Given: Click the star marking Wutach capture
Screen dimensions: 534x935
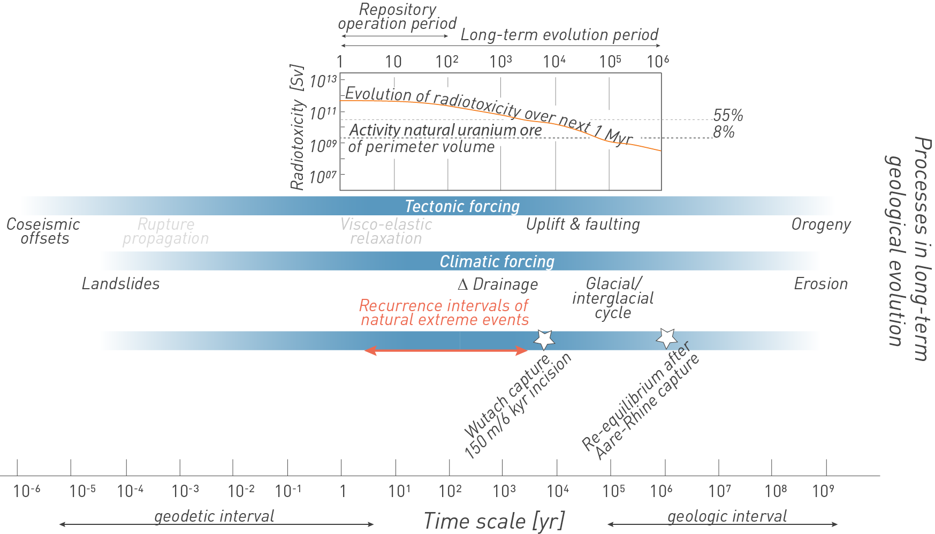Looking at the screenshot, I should (544, 340).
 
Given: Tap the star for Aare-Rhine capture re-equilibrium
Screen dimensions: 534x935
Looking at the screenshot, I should (667, 337).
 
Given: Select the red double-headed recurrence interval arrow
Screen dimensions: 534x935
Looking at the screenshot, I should (445, 350).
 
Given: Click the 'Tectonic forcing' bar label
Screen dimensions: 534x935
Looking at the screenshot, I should (462, 206).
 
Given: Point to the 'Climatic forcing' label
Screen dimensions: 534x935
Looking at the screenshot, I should (497, 261).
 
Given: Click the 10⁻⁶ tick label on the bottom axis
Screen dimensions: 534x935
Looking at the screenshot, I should (26, 491).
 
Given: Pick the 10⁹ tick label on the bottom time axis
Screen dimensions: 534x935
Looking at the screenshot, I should (823, 491).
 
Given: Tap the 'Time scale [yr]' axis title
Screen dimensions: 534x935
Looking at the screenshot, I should (493, 521).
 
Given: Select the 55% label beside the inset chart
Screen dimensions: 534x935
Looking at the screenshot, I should (728, 115).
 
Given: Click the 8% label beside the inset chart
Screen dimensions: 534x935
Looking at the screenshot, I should (724, 132).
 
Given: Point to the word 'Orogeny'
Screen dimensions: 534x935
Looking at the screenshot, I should (821, 224).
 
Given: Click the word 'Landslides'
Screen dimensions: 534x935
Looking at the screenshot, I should (120, 284).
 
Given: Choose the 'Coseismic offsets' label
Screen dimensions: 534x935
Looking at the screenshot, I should (43, 231).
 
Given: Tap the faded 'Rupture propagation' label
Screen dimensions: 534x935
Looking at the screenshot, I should (166, 231).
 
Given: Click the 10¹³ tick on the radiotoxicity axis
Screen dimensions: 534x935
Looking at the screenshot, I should (323, 81).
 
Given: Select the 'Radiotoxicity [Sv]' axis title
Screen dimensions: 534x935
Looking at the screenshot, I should (297, 127).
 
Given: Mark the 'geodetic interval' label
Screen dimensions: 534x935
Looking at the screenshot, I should (214, 516).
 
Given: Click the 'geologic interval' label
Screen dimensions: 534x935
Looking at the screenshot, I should (727, 516).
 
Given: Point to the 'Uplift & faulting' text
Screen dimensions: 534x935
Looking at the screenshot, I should (583, 224).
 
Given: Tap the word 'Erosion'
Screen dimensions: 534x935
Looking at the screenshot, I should (820, 284).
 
